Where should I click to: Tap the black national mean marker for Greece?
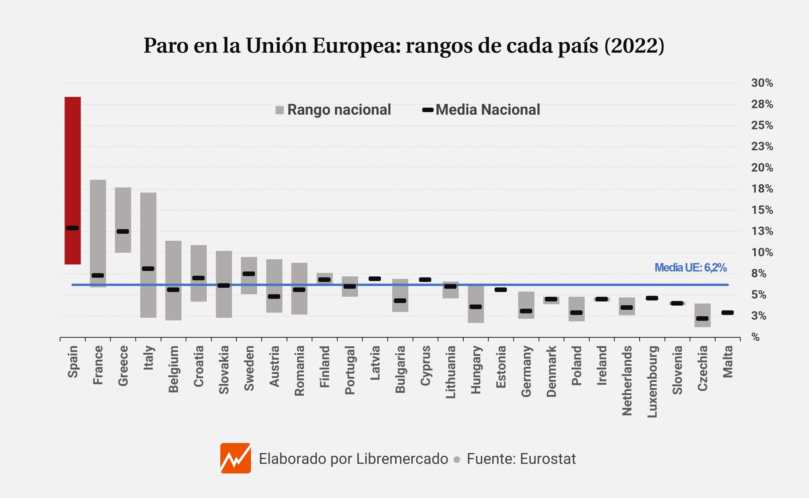pyautogui.click(x=123, y=231)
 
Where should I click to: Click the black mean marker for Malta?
pyautogui.click(x=727, y=313)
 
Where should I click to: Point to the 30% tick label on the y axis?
pyautogui.click(x=762, y=83)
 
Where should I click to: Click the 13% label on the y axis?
pyautogui.click(x=762, y=231)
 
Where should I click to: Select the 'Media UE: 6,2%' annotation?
pyautogui.click(x=690, y=268)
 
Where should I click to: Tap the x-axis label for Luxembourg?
pyautogui.click(x=652, y=381)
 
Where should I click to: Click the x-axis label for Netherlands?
pyautogui.click(x=627, y=381)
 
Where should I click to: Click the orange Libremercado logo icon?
pyautogui.click(x=236, y=458)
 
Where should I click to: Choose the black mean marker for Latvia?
pyautogui.click(x=375, y=279)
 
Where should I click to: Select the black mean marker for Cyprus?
pyautogui.click(x=425, y=279)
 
